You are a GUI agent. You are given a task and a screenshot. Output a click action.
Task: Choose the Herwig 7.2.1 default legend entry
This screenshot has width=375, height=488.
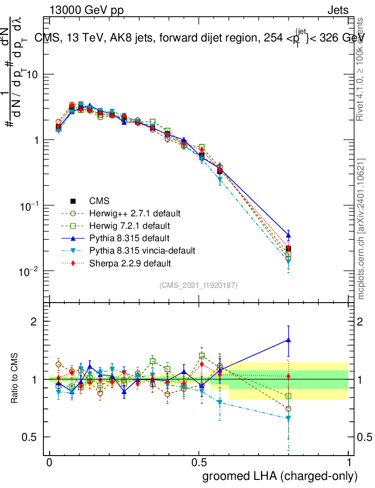(x=129, y=225)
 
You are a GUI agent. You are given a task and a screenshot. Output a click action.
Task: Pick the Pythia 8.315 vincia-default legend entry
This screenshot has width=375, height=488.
(x=142, y=250)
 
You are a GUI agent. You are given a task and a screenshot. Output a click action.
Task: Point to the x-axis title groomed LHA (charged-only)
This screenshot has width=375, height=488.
(x=280, y=476)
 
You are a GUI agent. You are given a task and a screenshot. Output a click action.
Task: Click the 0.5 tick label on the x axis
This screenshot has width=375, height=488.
(x=199, y=462)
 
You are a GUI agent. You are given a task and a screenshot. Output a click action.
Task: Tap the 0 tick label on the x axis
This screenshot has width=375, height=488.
(x=49, y=462)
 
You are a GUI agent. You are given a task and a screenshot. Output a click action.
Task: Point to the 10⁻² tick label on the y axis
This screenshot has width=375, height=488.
(x=29, y=271)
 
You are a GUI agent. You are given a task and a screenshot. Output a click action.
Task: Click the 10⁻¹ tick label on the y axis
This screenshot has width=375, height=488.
(x=29, y=205)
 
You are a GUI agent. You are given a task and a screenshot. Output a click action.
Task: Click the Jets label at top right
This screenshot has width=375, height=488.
(x=338, y=10)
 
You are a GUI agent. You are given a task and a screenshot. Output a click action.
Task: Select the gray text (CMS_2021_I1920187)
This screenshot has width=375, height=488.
(x=198, y=285)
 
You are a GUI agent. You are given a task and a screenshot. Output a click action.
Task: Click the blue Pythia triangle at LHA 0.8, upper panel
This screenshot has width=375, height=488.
(x=288, y=235)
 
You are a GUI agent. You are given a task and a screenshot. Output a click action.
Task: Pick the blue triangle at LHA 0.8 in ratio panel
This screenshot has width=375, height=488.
(x=288, y=340)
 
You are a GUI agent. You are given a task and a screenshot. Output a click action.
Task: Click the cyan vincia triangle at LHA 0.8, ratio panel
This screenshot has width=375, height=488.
(x=288, y=418)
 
